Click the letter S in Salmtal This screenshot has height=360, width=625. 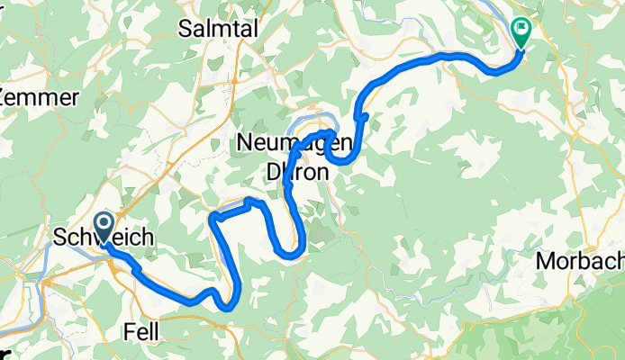[186, 28]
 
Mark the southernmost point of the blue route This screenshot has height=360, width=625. [230, 307]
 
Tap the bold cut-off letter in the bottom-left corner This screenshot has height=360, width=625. [5, 353]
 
